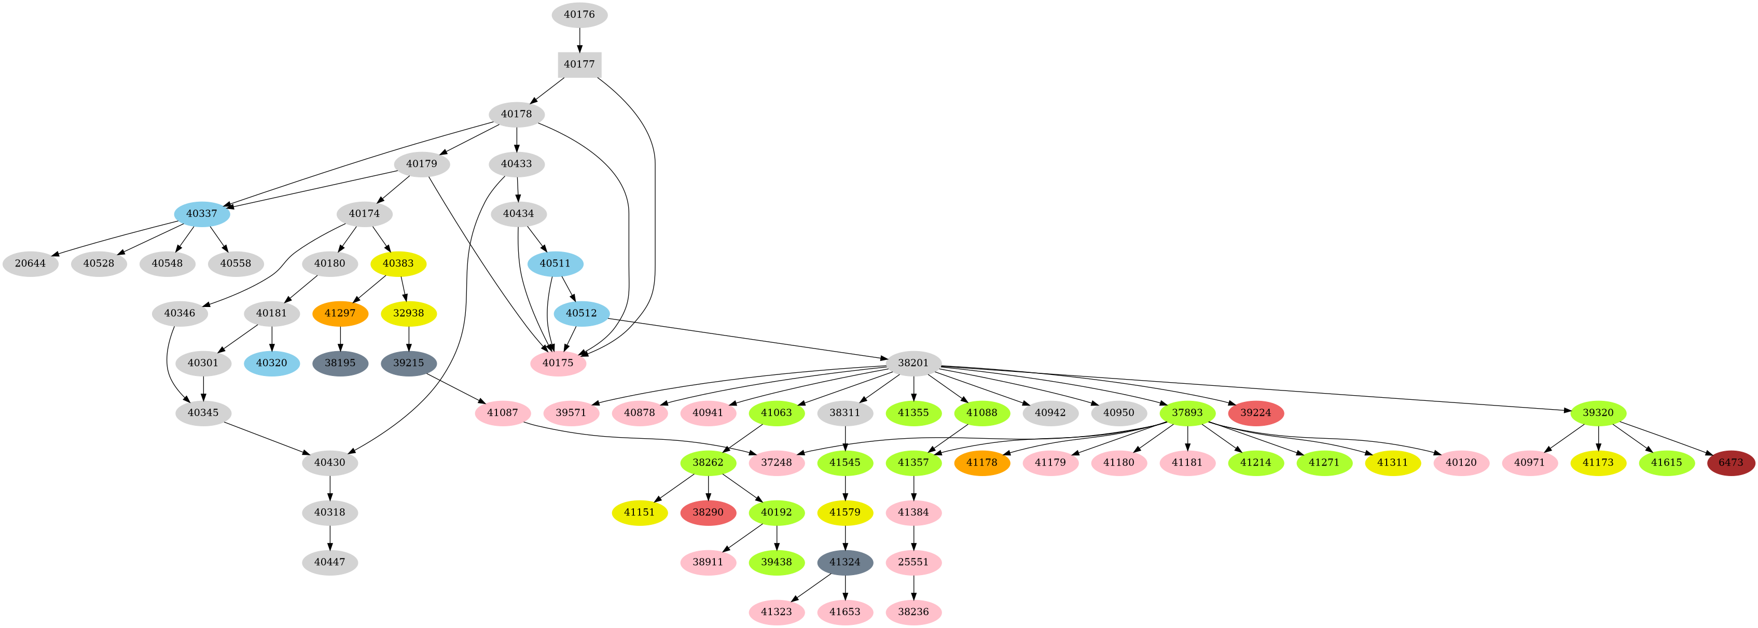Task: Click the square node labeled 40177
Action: (579, 64)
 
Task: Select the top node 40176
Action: (579, 15)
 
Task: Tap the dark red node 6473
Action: (1730, 463)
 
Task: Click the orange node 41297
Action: (340, 313)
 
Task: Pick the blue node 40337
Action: (202, 214)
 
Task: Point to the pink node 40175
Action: (558, 362)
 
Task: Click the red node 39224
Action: (1256, 413)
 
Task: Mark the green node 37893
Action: (1187, 413)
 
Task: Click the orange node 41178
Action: (982, 463)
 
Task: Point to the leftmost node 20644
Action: (30, 263)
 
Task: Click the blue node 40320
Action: (272, 362)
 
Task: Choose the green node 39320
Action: (1598, 413)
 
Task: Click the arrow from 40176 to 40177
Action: (579, 39)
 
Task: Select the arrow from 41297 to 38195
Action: (340, 338)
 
